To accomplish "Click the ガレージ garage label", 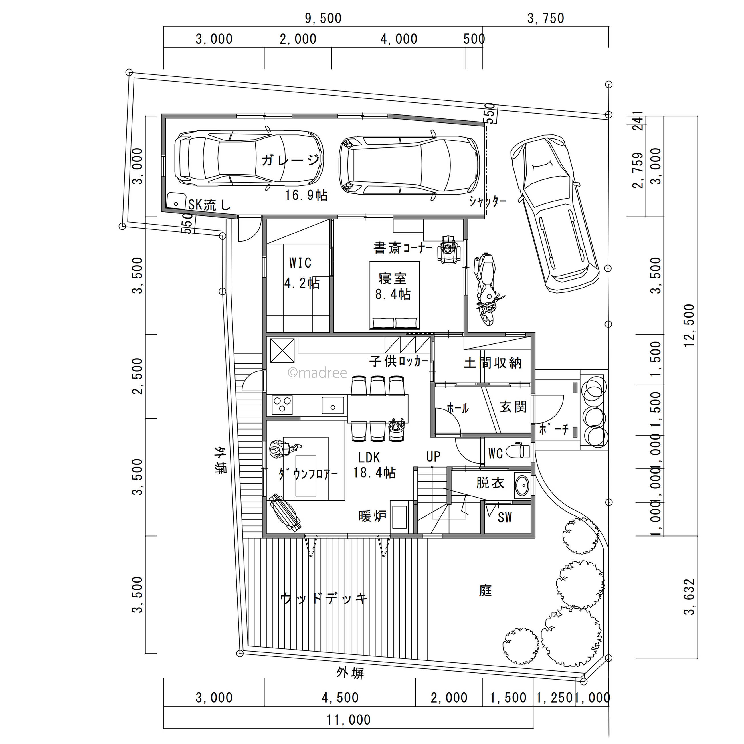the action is click(290, 160).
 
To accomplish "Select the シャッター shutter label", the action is click(488, 201).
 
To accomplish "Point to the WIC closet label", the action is click(300, 263).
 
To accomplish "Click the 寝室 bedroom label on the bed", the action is click(393, 278).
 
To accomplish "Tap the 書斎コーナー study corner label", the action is click(403, 248).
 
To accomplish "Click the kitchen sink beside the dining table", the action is click(333, 405).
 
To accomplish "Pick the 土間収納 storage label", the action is click(493, 363).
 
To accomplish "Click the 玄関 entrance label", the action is click(513, 407).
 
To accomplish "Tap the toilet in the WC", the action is click(518, 451).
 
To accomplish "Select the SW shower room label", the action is click(504, 517).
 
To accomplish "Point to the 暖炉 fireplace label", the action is click(372, 516).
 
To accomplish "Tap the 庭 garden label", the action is click(486, 590).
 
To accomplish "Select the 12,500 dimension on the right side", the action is click(689, 325).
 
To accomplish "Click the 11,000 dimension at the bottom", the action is click(349, 720).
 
